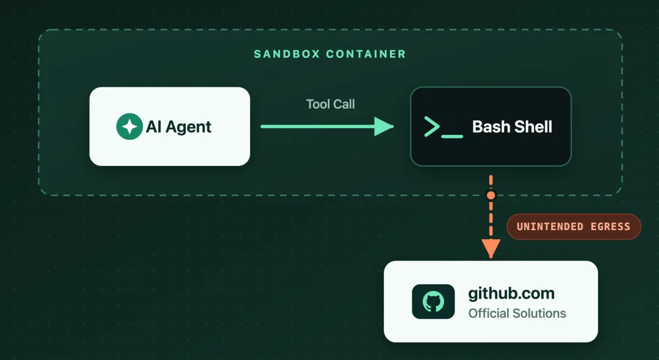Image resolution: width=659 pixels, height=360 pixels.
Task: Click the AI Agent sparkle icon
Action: coord(129,126)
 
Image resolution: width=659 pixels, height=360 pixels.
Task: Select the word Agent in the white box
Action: coord(189,128)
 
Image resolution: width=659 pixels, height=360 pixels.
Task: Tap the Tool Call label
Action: coord(330,104)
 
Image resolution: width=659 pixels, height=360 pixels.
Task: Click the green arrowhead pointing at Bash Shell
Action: coord(384,126)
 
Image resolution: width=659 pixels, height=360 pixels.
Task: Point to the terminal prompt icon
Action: coord(444,128)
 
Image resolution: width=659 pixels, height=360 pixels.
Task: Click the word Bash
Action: coord(490,126)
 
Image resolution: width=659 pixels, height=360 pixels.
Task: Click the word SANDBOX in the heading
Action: coord(287,54)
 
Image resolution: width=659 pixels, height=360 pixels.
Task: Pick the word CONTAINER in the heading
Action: coord(366,54)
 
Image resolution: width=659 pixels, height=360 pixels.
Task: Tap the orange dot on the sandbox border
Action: coord(491,195)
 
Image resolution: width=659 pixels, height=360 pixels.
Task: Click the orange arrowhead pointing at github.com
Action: coord(491,248)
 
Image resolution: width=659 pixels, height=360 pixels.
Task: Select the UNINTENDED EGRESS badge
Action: coord(574,227)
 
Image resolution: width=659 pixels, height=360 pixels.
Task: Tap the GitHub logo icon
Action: coord(433,301)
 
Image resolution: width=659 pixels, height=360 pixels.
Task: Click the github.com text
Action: coord(511,293)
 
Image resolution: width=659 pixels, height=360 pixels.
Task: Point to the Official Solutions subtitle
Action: coord(517,314)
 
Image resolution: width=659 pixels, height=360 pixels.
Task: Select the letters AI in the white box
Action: coord(154,127)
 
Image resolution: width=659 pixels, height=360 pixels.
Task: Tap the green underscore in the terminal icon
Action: coord(452,136)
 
